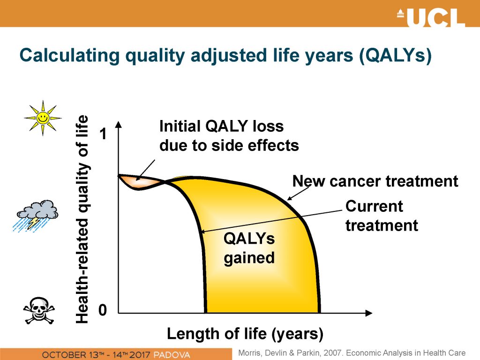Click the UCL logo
pos(431,17)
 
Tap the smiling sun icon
pos(43,118)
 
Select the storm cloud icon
pos(36,216)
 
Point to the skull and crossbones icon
pos(39,310)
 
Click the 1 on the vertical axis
pos(104,134)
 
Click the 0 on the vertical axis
pos(103,310)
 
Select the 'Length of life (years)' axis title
pos(245,334)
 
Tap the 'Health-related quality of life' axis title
pos(82,219)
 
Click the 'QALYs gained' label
pos(249,248)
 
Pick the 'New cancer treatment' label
pos(375,181)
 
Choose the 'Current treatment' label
pos(382,216)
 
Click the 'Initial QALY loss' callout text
pos(222,126)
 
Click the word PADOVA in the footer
pos(172,355)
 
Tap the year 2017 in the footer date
pos(140,355)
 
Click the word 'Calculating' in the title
pos(69,56)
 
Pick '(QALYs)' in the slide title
pos(396,56)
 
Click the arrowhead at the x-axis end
pos(369,313)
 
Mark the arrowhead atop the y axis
pos(119,124)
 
